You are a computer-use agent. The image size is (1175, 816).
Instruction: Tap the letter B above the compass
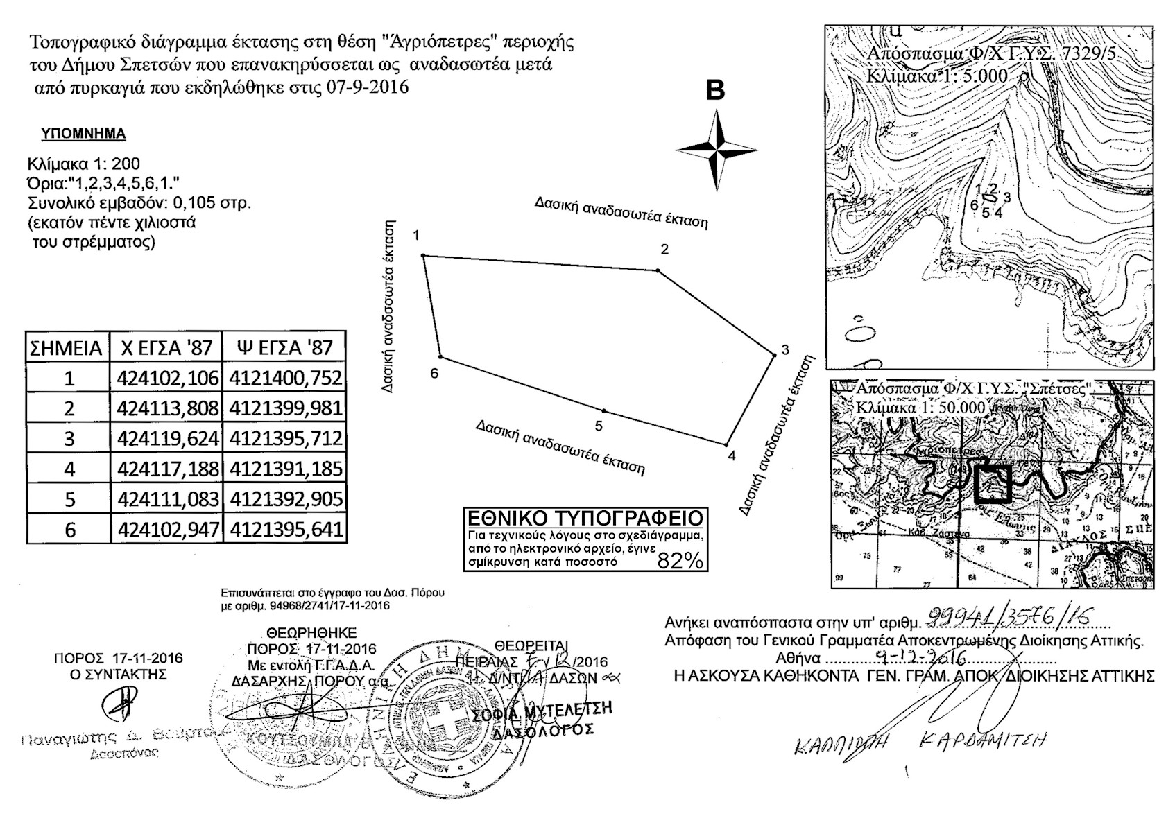click(715, 91)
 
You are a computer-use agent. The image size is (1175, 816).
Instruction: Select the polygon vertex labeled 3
click(774, 356)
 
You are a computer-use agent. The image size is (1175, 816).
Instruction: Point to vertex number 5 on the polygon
click(604, 411)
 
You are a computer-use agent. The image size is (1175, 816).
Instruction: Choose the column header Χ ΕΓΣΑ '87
click(166, 347)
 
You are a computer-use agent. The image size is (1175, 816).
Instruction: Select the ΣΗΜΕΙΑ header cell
click(67, 348)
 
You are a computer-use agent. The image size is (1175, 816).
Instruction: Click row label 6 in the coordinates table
click(69, 530)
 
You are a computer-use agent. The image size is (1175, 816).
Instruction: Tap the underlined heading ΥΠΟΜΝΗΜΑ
click(83, 134)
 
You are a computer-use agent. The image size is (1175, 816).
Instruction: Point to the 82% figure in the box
click(679, 562)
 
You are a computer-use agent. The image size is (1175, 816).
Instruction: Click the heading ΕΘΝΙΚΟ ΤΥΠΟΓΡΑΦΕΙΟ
click(585, 519)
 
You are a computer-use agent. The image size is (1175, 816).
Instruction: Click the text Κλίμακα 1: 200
click(83, 164)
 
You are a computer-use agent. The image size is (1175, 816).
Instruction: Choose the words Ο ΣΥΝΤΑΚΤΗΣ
click(119, 674)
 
